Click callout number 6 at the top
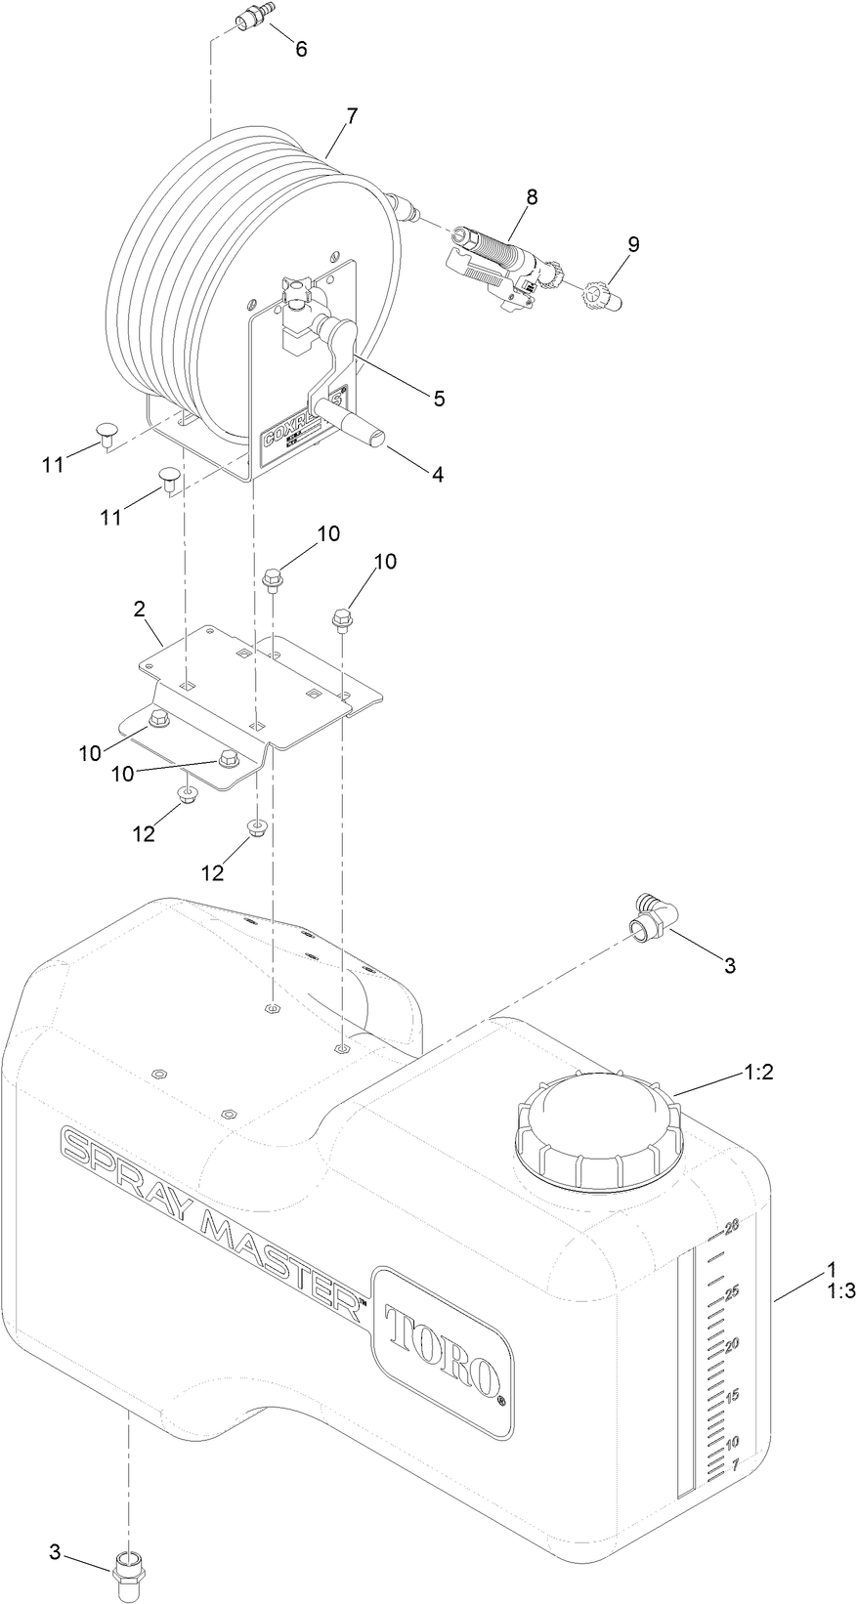point(301,49)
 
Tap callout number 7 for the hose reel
point(351,115)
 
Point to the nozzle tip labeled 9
point(603,296)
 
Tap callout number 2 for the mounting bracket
point(140,609)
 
